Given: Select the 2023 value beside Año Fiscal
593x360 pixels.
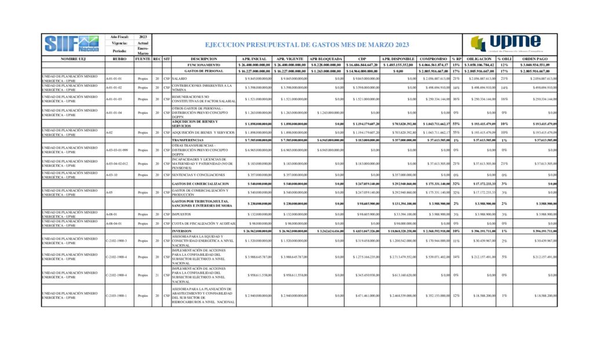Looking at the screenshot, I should coord(143,36).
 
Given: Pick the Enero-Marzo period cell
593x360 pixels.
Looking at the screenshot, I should coord(143,50).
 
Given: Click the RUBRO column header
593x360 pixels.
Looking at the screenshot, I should coord(119,59).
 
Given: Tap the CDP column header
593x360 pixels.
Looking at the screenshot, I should coord(363,59).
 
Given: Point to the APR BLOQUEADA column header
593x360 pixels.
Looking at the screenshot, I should coord(326,59).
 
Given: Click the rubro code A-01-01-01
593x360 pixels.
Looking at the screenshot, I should coord(114,78).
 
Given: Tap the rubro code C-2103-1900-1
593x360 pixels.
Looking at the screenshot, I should coord(116,296).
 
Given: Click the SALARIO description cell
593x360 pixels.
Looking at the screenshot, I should coord(180,78).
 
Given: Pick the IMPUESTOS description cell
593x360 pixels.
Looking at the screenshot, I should coord(183,214).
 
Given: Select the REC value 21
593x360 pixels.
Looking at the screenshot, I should coord(157,275).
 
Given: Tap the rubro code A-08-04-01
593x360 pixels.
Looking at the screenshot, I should coord(114,222).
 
